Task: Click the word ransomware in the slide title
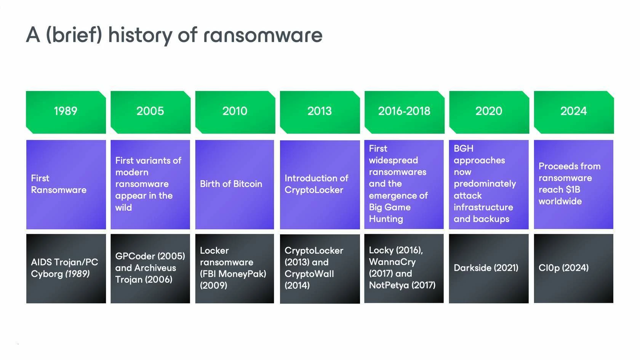(x=262, y=35)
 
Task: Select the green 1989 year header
(x=66, y=112)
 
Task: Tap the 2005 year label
(x=150, y=111)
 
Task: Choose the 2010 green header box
(x=235, y=112)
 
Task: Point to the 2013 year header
(x=320, y=112)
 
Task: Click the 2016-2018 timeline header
(x=404, y=112)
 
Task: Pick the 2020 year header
(x=489, y=112)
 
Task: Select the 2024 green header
(x=574, y=112)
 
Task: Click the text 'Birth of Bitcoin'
(x=231, y=184)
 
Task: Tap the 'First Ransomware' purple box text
(x=59, y=184)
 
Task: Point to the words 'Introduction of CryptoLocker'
(x=316, y=184)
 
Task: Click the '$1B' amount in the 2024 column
(x=573, y=190)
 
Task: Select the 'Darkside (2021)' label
(x=486, y=268)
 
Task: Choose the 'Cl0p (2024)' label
(x=563, y=268)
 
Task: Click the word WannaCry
(x=392, y=262)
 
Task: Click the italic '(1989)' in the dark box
(x=77, y=274)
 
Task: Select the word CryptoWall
(x=309, y=274)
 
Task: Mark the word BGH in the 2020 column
(x=463, y=149)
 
